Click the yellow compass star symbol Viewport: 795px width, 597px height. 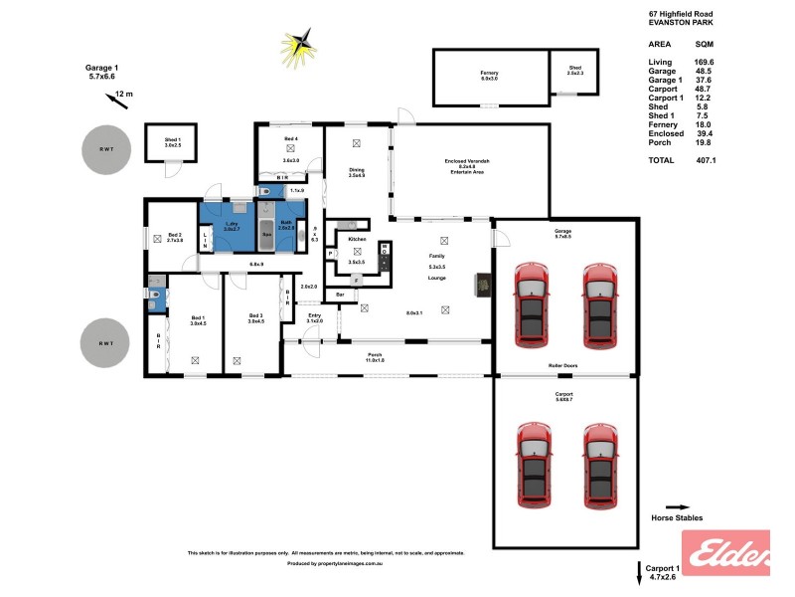[297, 44]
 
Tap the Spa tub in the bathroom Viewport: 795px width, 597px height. [267, 236]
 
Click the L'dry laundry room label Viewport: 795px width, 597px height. [231, 225]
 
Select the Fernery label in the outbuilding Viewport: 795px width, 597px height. [489, 74]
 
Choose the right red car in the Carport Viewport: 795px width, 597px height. [600, 465]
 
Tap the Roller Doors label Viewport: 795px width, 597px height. [563, 366]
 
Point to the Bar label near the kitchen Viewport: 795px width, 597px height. [339, 295]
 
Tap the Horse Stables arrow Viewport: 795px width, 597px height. [677, 506]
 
